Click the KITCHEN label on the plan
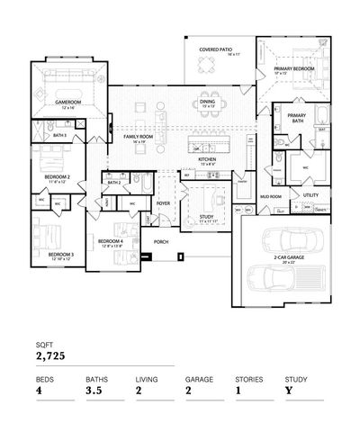pos(207,158)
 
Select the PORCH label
pos(162,242)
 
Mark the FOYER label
pos(163,203)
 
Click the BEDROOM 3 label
pos(60,255)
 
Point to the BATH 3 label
pos(59,135)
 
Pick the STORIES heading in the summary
pos(249,379)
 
